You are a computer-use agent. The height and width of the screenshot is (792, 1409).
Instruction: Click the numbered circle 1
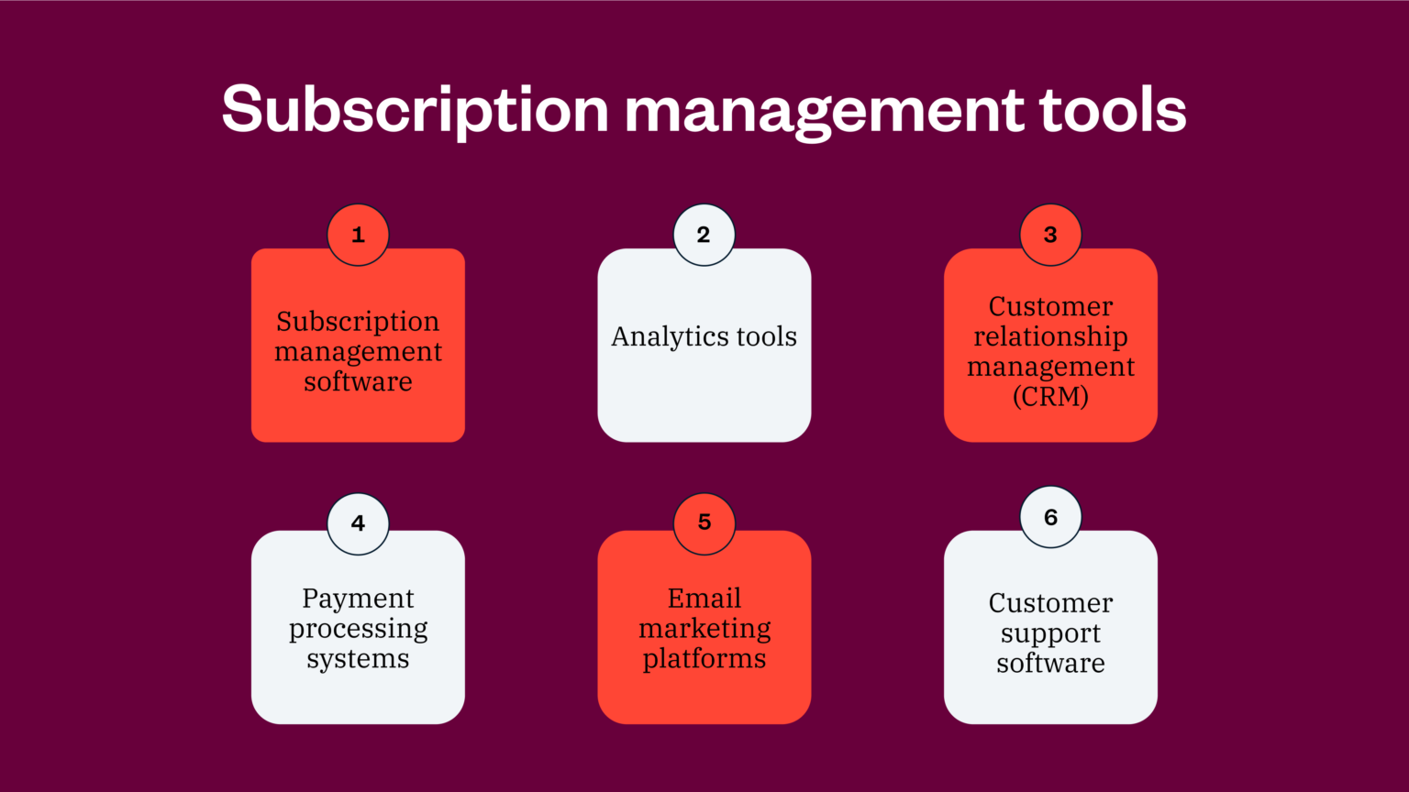click(358, 235)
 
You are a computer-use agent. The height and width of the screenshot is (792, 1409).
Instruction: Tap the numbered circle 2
click(704, 235)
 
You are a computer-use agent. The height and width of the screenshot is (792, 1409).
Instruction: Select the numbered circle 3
click(1050, 235)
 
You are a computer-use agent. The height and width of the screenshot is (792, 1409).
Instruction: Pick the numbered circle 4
click(358, 523)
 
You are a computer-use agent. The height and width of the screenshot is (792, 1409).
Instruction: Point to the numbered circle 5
click(704, 523)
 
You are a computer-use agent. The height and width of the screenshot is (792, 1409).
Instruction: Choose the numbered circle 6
click(1050, 517)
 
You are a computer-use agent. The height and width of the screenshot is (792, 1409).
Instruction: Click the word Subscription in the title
click(416, 110)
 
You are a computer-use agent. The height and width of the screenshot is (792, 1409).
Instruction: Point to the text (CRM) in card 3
click(1050, 397)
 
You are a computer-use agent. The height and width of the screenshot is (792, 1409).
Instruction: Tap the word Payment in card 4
click(358, 599)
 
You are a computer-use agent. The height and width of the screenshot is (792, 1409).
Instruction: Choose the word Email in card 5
click(704, 599)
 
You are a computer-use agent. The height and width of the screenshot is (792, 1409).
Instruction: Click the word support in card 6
click(1050, 634)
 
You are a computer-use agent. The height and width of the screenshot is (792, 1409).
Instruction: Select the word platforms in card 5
click(704, 659)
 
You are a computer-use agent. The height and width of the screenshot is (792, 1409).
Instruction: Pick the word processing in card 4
click(358, 630)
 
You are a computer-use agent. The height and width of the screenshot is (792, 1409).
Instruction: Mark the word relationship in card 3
click(1050, 336)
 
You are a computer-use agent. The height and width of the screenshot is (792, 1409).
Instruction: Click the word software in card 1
click(358, 381)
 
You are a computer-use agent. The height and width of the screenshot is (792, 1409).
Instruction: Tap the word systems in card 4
click(358, 659)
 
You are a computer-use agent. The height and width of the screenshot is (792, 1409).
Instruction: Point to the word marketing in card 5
click(704, 629)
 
